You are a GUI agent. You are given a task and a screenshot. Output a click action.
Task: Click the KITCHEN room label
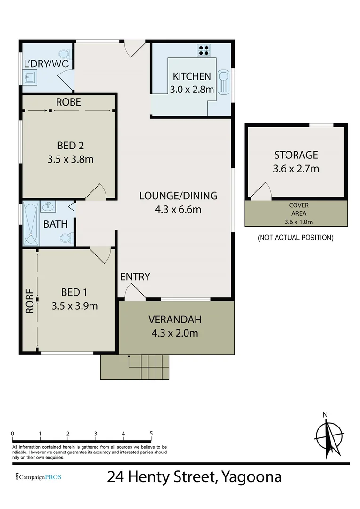(x=192, y=76)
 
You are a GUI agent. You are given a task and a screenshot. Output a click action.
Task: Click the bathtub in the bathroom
(x=31, y=224)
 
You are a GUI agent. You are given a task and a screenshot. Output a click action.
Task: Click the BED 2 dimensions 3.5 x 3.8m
(x=70, y=159)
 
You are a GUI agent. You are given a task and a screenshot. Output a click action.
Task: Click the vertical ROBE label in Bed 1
(x=30, y=301)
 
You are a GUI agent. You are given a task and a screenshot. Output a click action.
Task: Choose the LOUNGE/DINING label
(x=178, y=196)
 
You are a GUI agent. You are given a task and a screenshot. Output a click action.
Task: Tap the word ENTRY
(x=135, y=277)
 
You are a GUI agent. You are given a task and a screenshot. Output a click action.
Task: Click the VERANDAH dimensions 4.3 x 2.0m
(x=175, y=333)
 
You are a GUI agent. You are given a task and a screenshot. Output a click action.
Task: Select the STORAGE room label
(x=296, y=155)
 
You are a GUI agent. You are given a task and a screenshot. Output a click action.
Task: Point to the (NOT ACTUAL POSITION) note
(x=295, y=238)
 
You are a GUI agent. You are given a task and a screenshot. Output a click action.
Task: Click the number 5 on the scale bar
(x=151, y=434)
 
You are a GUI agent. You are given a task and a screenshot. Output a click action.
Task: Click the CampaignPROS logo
(x=38, y=477)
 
